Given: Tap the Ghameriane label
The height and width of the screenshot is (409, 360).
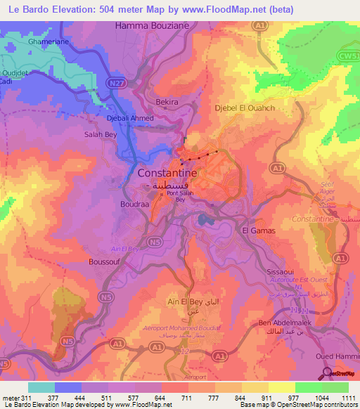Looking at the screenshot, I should coord(48,42).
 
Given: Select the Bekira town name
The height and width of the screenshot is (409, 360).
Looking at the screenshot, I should coord(167,102).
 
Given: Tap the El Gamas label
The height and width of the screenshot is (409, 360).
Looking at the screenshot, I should coord(257,230).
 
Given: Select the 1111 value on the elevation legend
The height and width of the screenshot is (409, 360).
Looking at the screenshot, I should coord(347,397).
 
